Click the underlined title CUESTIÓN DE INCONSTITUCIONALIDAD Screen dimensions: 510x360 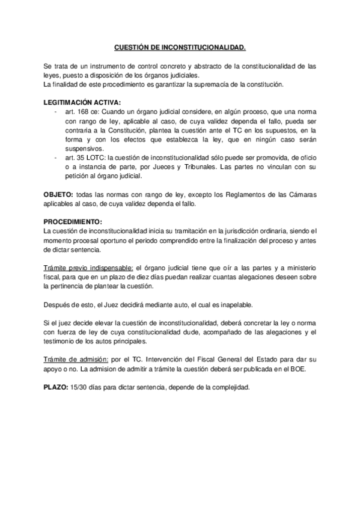pyautogui.click(x=180, y=46)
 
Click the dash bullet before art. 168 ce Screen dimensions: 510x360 pyautogui.click(x=56, y=112)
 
